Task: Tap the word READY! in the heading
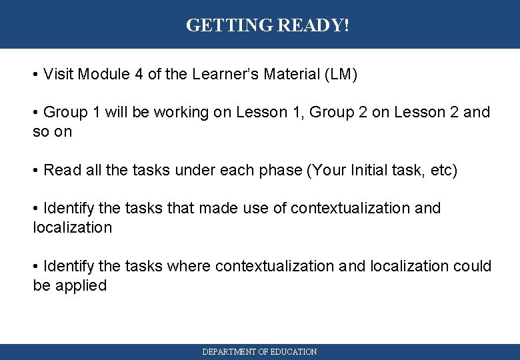313,25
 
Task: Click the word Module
104,74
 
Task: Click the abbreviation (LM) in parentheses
341,74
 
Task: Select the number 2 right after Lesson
454,112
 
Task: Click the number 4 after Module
139,74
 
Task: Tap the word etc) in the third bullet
442,170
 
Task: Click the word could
472,266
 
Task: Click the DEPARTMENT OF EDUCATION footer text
260,351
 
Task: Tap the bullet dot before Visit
35,75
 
